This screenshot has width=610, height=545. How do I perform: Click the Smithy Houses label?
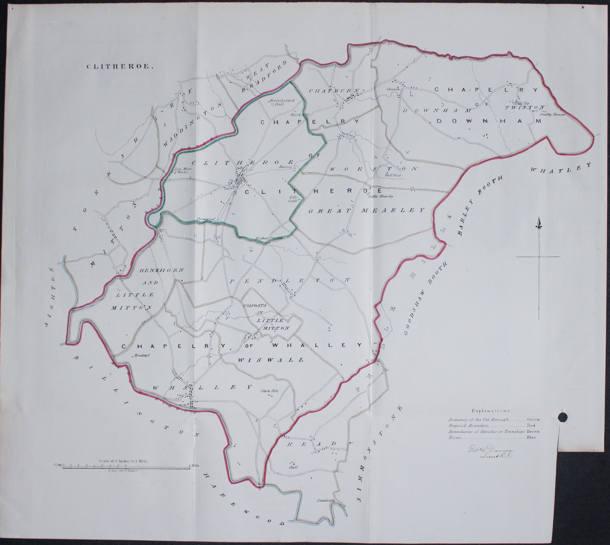[552, 114]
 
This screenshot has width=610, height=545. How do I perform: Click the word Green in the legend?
[533, 419]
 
